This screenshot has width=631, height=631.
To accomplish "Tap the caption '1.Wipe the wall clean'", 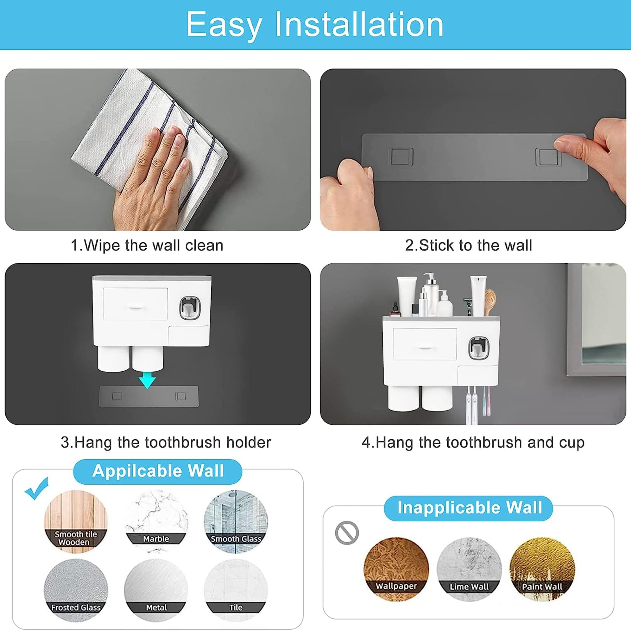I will pos(147,246).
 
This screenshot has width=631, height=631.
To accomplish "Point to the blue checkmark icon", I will pos(37,489).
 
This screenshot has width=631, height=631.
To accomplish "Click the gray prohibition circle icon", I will pos(347,533).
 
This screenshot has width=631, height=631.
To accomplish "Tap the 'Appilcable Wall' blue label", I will pos(158,471).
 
